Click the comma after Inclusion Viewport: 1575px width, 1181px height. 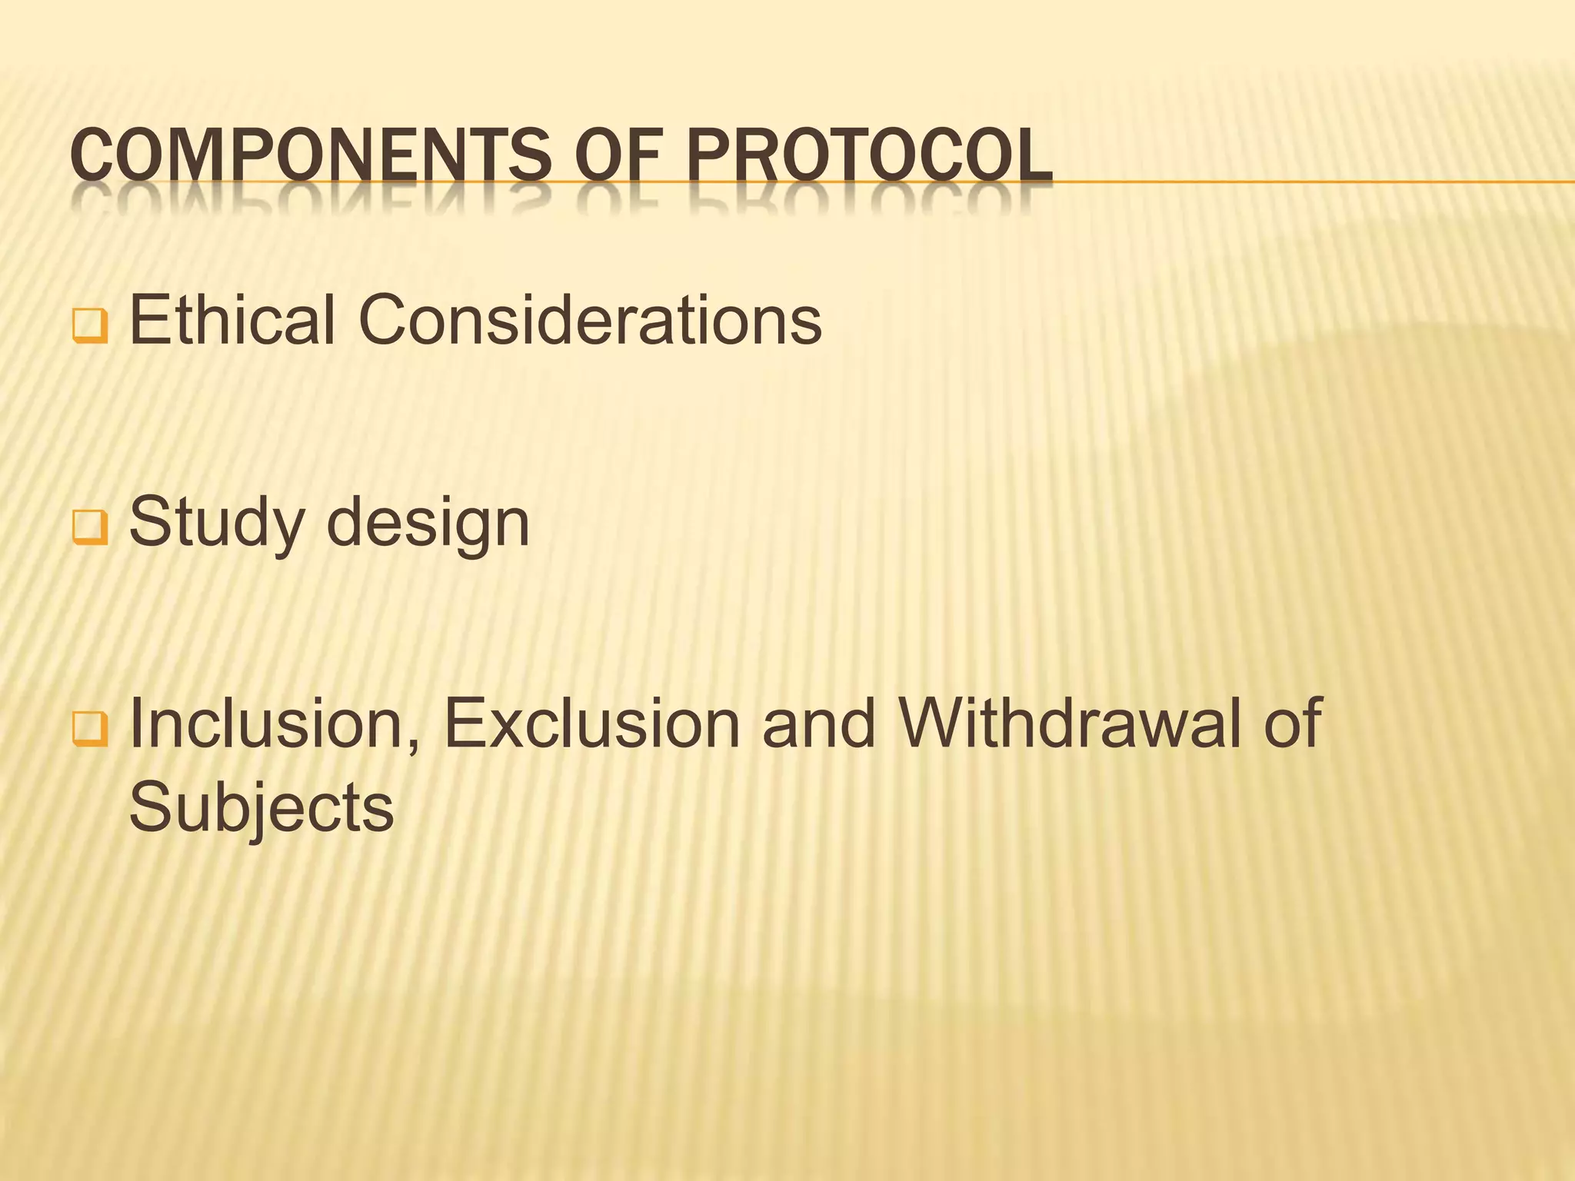pos(411,744)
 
